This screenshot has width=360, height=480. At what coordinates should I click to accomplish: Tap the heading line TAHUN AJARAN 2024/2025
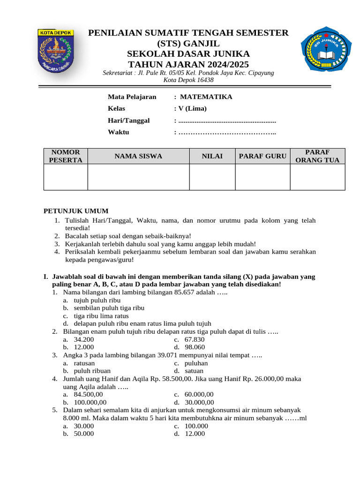tap(188, 65)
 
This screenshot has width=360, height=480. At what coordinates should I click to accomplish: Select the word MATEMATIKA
tap(206, 97)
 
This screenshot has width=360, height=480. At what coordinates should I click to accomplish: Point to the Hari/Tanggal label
tap(128, 120)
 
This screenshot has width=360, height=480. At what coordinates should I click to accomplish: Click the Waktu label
tap(118, 132)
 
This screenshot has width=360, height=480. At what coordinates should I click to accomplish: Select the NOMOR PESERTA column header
tap(66, 156)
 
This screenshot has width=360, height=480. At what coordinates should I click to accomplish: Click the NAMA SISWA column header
tap(138, 156)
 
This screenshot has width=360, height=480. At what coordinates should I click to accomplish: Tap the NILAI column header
tap(212, 156)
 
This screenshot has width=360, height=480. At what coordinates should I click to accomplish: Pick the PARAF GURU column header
tap(262, 156)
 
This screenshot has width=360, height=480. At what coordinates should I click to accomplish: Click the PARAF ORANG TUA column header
tap(318, 156)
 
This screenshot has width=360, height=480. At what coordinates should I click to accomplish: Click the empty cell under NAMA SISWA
tap(138, 177)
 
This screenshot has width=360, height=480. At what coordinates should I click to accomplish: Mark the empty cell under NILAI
tap(212, 177)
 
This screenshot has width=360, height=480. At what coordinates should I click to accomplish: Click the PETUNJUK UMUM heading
tap(76, 211)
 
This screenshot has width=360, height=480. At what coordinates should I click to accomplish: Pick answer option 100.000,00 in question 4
tap(90, 402)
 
